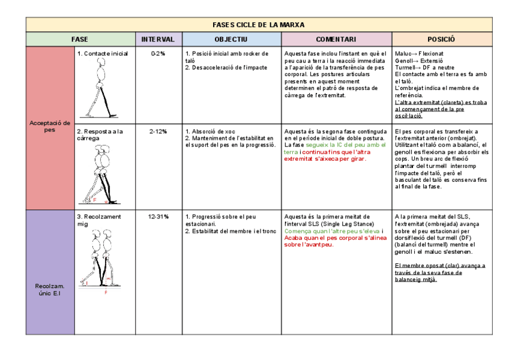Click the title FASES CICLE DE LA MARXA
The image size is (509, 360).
click(x=259, y=25)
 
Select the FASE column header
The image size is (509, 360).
click(x=79, y=40)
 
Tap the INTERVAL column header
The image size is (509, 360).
click(x=158, y=40)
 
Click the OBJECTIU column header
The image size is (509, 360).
click(x=231, y=40)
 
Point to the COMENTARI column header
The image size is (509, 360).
click(x=336, y=40)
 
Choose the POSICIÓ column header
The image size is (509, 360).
click(x=441, y=40)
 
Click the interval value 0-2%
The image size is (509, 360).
click(x=158, y=54)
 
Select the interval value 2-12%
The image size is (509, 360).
click(x=158, y=131)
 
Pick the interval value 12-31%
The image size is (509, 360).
click(x=158, y=217)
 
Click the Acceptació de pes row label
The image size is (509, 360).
click(x=50, y=126)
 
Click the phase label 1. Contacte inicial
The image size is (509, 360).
click(x=102, y=54)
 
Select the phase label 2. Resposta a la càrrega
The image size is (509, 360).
click(x=100, y=135)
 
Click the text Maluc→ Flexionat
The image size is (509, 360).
click(x=419, y=54)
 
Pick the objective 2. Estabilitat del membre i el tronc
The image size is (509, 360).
click(x=230, y=230)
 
